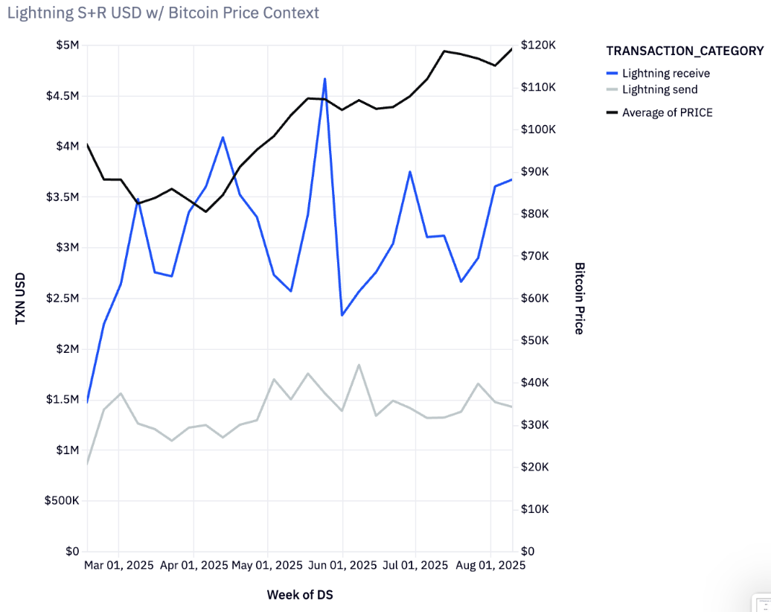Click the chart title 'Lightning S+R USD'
163,13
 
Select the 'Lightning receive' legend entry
665,73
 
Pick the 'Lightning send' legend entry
659,89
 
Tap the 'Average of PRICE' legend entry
667,112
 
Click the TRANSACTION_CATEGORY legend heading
685,51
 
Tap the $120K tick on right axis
539,45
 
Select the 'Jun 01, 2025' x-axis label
342,565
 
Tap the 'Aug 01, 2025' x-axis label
490,565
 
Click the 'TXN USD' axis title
21,298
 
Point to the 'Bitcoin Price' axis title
579,298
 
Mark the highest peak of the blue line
324,78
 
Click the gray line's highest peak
359,365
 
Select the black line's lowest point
206,211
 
